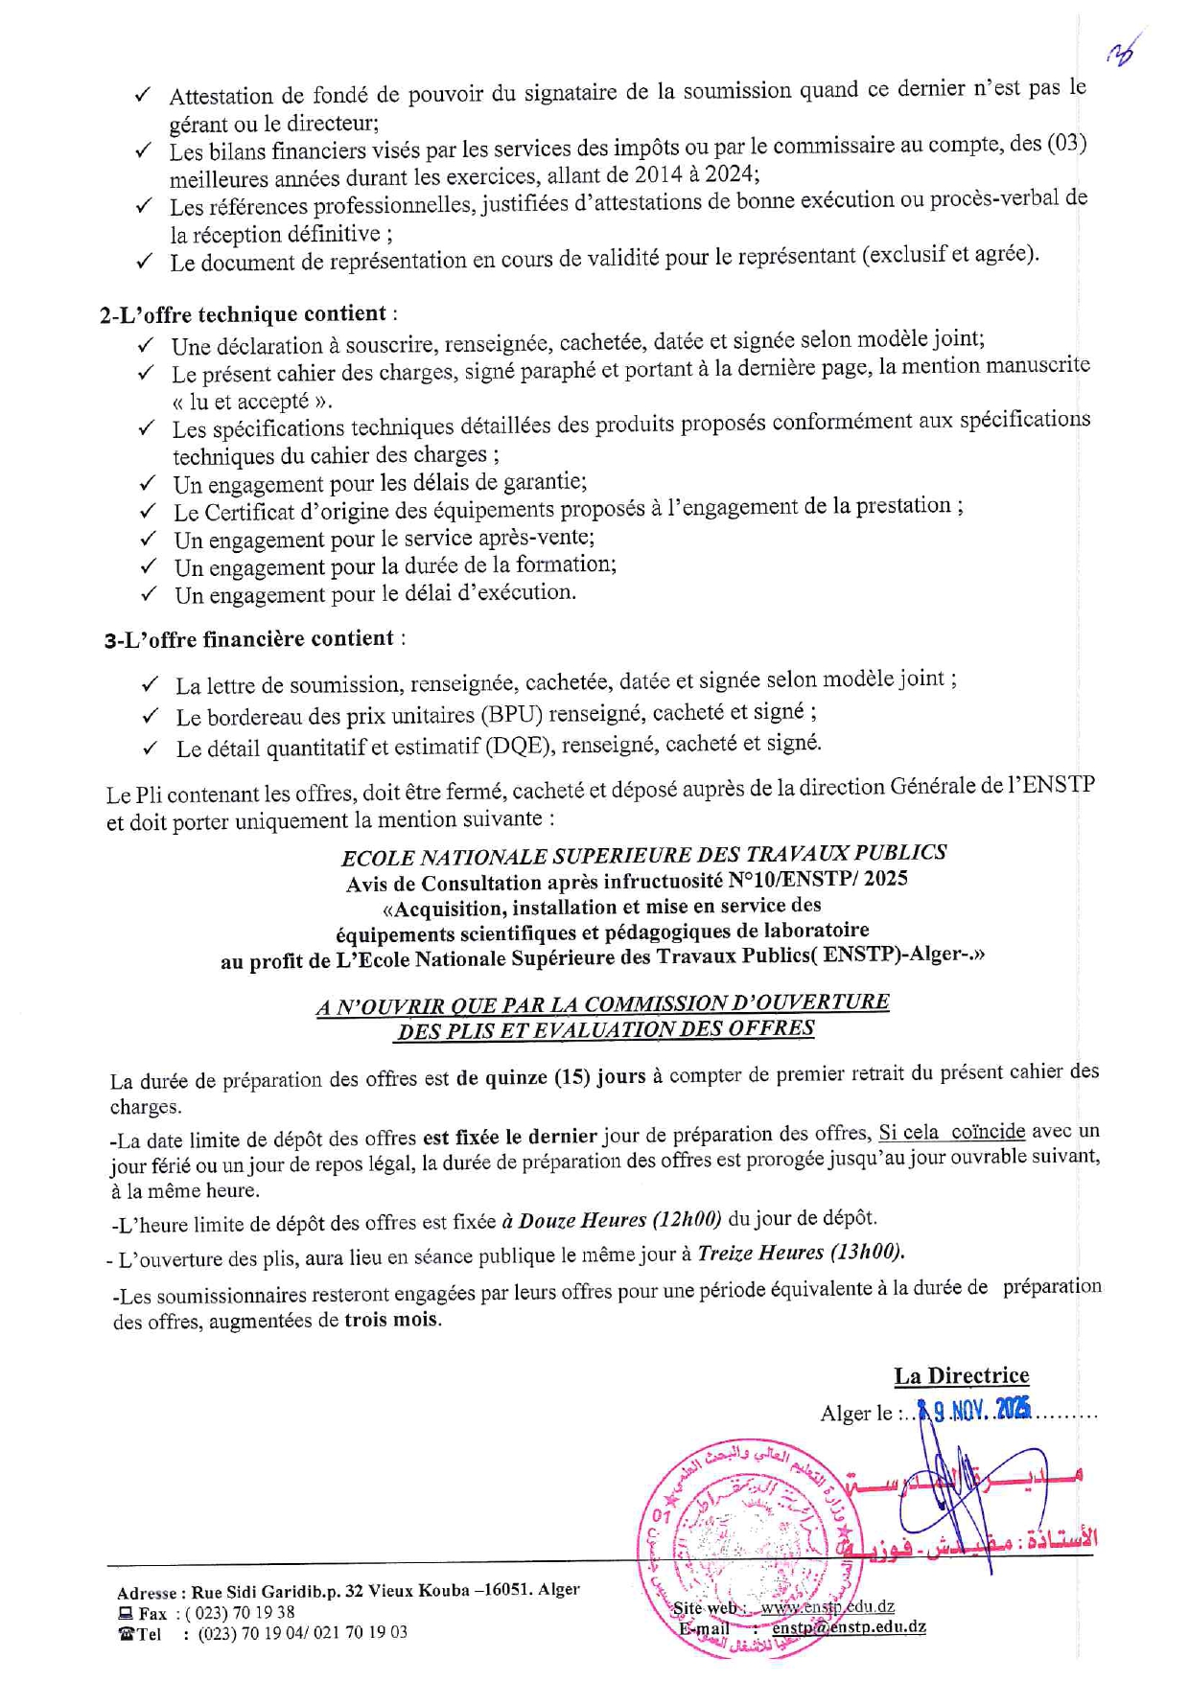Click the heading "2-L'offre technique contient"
point(245,315)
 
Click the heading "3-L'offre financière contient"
point(249,639)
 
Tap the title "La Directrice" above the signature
point(961,1376)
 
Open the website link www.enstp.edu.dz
point(828,1607)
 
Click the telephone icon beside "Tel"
point(126,1634)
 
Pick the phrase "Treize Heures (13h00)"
point(800,1253)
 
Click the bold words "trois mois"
point(391,1320)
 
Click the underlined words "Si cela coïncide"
point(951,1132)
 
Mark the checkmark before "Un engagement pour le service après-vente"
point(149,539)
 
